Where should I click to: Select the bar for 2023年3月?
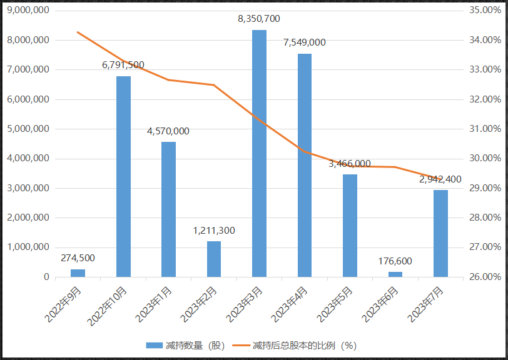(259, 153)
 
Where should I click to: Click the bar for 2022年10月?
(123, 176)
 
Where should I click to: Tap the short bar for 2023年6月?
(395, 274)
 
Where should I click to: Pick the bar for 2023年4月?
(305, 165)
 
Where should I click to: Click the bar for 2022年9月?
(78, 273)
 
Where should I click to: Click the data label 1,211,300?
(214, 231)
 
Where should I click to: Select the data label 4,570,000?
(168, 131)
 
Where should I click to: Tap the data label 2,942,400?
(440, 179)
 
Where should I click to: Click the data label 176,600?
(395, 261)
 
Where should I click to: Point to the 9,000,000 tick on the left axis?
(26, 11)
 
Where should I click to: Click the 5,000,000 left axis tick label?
(26, 129)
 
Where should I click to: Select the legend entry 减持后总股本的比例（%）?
(303, 345)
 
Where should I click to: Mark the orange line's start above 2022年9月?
(78, 32)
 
